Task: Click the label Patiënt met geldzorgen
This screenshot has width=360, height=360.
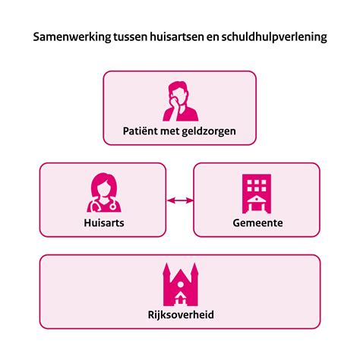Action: pyautogui.click(x=179, y=131)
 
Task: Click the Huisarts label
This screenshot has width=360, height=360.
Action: pyautogui.click(x=103, y=223)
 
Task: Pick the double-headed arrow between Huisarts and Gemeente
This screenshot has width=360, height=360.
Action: pyautogui.click(x=179, y=201)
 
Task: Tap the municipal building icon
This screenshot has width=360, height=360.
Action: pyautogui.click(x=256, y=193)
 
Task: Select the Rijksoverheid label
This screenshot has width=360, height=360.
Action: pyautogui.click(x=180, y=314)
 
